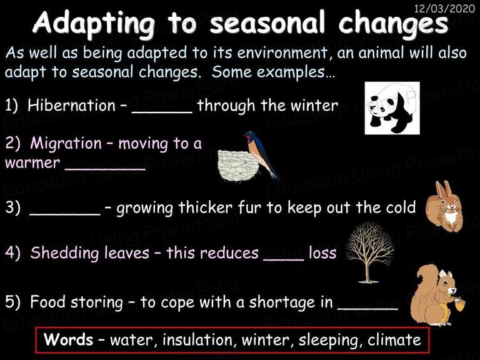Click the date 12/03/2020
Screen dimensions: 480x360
[444, 8]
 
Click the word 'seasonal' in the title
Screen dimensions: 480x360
[266, 22]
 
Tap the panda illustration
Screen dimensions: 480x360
[392, 108]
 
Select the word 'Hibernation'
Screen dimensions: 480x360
[71, 105]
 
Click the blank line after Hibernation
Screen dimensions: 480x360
[162, 112]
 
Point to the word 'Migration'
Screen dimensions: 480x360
[66, 143]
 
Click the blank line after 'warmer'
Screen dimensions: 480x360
[105, 169]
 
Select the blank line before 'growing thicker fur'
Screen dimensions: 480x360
[65, 214]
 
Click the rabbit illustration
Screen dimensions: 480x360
[444, 206]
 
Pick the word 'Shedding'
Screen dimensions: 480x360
[64, 253]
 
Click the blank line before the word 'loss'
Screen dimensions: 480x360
[284, 260]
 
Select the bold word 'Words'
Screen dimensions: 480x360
[68, 339]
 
